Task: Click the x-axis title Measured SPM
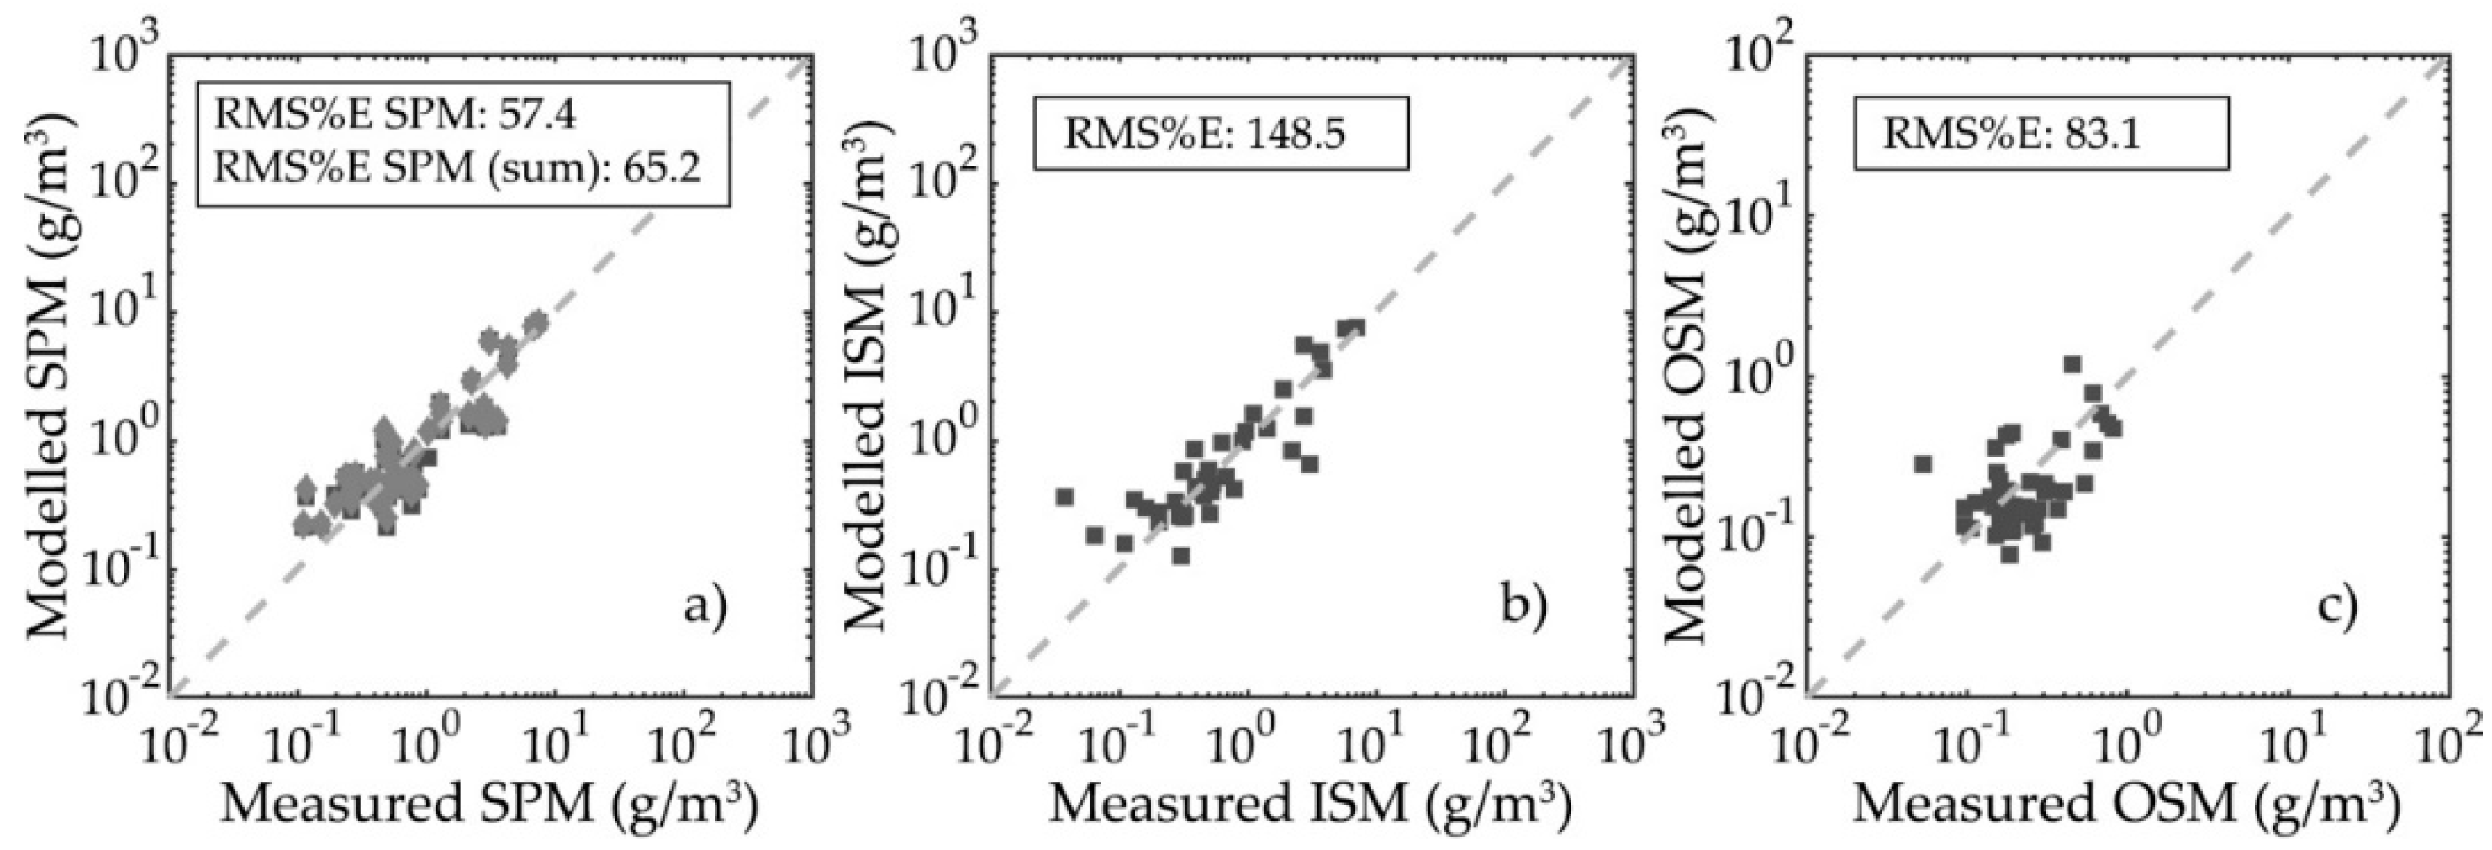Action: click(x=489, y=805)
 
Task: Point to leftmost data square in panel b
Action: click(x=1065, y=497)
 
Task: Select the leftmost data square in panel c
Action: click(x=1923, y=464)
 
